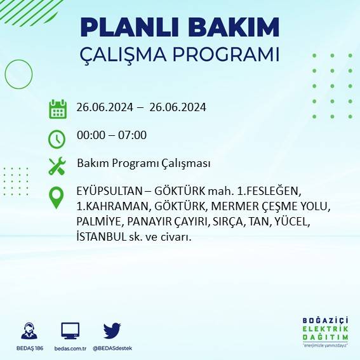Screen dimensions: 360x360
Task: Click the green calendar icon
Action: (58, 109)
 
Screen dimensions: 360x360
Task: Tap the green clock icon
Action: (57, 138)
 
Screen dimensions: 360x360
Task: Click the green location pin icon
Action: (57, 197)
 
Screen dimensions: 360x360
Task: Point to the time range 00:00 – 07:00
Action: (112, 135)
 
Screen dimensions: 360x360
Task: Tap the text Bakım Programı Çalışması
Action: (143, 164)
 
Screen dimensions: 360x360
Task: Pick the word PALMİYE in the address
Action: (99, 222)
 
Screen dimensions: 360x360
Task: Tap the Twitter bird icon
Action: (112, 331)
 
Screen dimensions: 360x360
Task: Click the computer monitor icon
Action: (70, 331)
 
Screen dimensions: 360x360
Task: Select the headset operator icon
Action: (29, 331)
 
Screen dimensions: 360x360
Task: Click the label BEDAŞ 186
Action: (29, 349)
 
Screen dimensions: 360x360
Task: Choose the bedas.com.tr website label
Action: (70, 349)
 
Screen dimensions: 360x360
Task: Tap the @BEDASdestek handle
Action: (112, 349)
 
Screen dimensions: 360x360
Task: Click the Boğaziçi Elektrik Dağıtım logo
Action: (326, 332)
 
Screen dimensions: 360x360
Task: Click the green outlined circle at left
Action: (18, 74)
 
